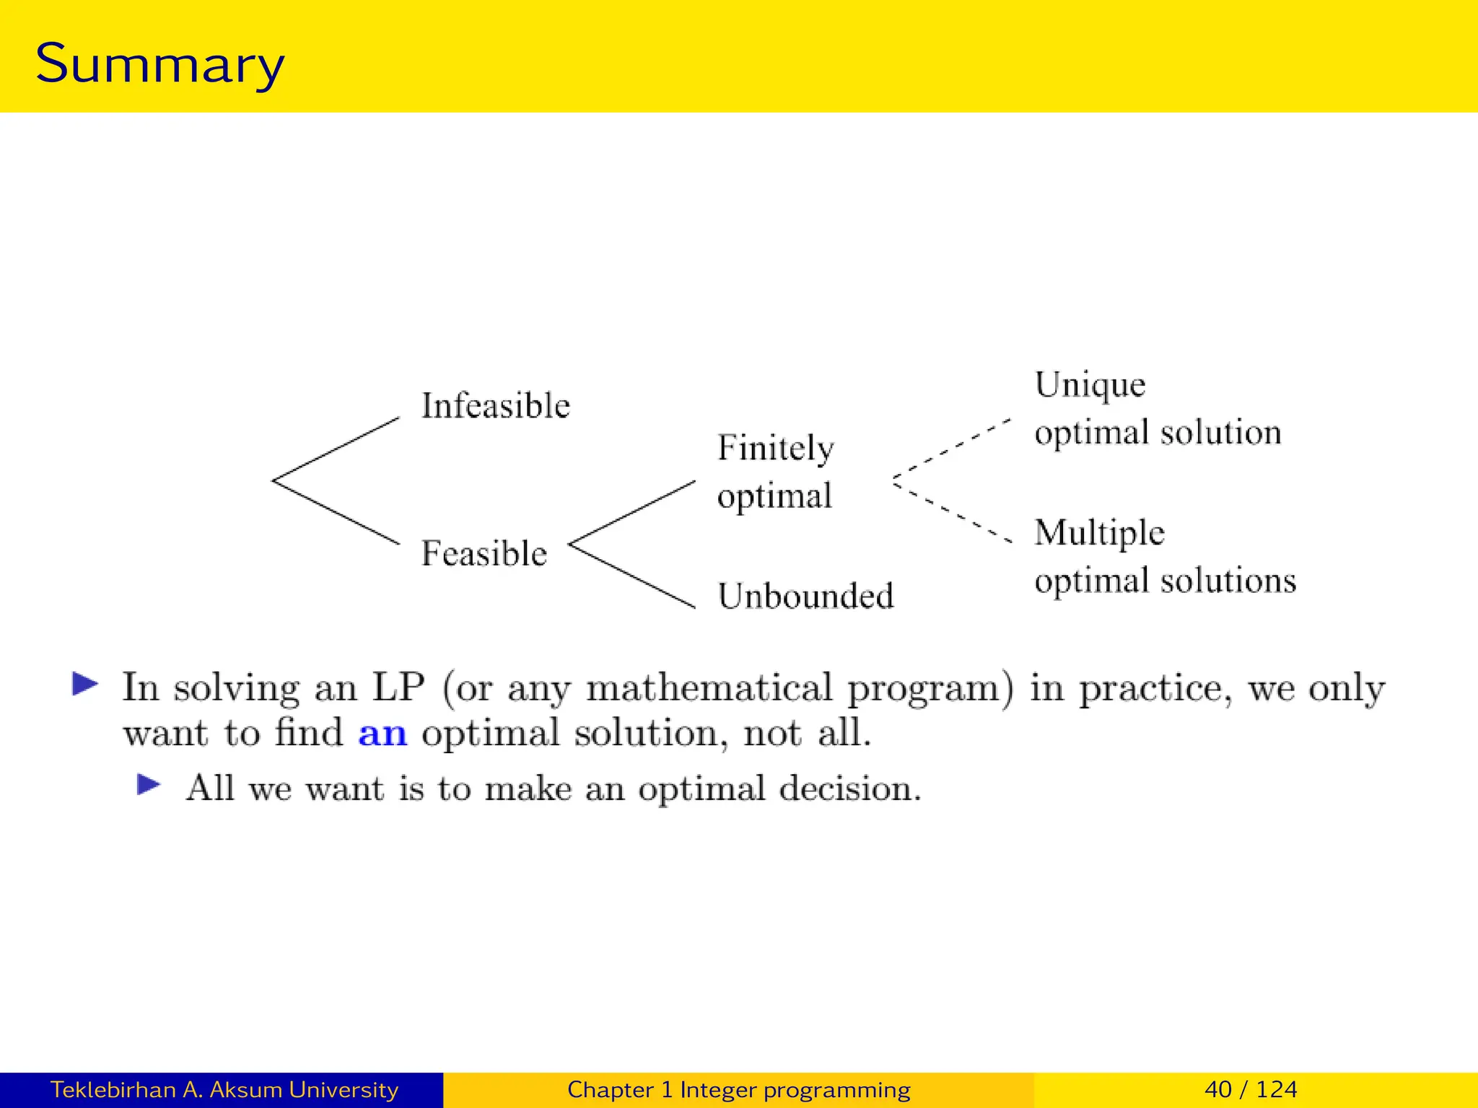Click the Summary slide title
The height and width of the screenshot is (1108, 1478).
click(159, 63)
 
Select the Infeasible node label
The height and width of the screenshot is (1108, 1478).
click(495, 405)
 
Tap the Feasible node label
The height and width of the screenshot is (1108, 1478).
click(484, 553)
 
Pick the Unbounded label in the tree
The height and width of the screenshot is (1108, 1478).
click(805, 597)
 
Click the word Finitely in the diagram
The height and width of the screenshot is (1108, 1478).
click(776, 449)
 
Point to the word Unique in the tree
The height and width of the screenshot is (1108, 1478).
click(1090, 385)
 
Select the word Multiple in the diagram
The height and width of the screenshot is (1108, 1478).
click(1099, 533)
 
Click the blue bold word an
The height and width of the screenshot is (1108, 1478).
click(382, 734)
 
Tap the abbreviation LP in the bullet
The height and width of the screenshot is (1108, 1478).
click(398, 687)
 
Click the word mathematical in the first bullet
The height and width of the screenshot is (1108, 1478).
click(709, 688)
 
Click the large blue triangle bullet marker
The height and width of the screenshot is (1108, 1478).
click(85, 684)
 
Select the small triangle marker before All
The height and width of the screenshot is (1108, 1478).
click(149, 785)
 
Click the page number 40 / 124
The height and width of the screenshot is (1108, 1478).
click(1251, 1089)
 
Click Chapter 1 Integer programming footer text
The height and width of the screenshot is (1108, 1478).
click(738, 1089)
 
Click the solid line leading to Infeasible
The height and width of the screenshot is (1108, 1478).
click(336, 449)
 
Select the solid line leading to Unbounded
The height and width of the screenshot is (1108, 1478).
click(633, 576)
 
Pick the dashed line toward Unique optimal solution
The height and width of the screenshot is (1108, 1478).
click(951, 449)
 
